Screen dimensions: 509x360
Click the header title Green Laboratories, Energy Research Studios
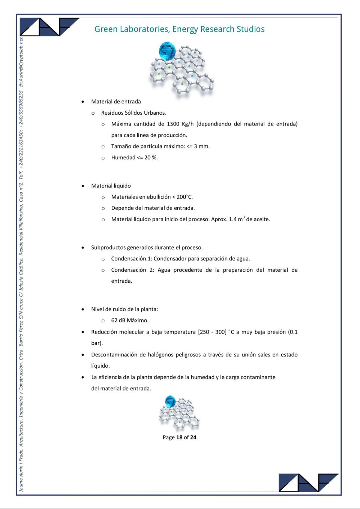(x=179, y=29)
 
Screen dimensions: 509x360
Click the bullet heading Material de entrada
(x=116, y=102)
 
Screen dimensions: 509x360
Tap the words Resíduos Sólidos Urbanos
(x=133, y=113)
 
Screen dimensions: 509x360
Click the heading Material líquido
(x=111, y=186)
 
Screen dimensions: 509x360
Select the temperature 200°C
(x=184, y=197)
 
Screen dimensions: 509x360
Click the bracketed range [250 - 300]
(x=212, y=332)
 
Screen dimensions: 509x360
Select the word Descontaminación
(x=114, y=355)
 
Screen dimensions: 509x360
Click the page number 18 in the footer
(x=179, y=437)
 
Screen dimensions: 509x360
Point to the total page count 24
(x=193, y=437)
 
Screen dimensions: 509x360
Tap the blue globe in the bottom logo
(x=170, y=401)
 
